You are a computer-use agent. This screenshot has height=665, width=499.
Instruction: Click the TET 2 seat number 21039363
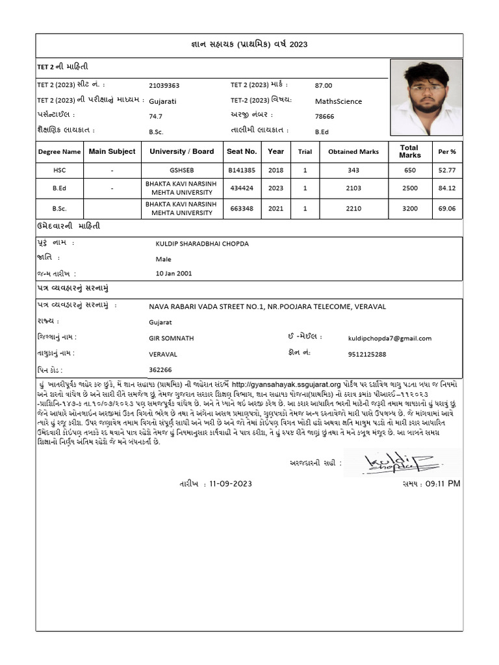click(x=164, y=85)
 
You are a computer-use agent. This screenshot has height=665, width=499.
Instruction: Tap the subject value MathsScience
click(x=339, y=101)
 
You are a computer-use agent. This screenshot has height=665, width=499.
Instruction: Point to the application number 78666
click(x=324, y=116)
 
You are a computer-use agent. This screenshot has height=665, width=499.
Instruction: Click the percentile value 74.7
click(x=155, y=116)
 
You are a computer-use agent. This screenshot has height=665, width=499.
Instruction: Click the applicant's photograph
click(x=426, y=97)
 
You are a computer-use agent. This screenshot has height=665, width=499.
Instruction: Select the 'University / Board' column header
click(x=181, y=151)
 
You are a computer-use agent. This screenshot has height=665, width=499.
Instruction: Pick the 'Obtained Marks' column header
click(x=353, y=152)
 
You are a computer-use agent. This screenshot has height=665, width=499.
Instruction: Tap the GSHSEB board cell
click(x=181, y=169)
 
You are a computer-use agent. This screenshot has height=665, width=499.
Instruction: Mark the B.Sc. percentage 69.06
click(x=447, y=209)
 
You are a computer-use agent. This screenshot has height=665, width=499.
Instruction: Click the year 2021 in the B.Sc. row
click(x=275, y=209)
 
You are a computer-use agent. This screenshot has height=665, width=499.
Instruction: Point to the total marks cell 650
click(x=409, y=169)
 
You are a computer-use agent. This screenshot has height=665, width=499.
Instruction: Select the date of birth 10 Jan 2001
click(x=173, y=273)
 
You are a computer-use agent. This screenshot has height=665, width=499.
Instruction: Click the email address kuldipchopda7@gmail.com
click(x=390, y=338)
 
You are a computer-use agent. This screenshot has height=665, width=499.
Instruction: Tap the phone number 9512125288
click(x=367, y=354)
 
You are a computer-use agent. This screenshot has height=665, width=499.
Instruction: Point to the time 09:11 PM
click(x=441, y=484)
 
